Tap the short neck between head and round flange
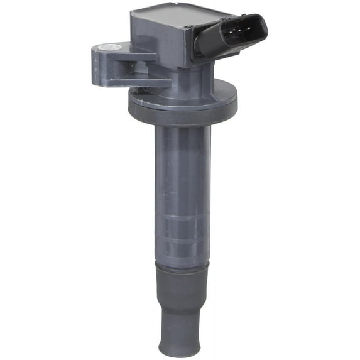(x=182, y=79)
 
